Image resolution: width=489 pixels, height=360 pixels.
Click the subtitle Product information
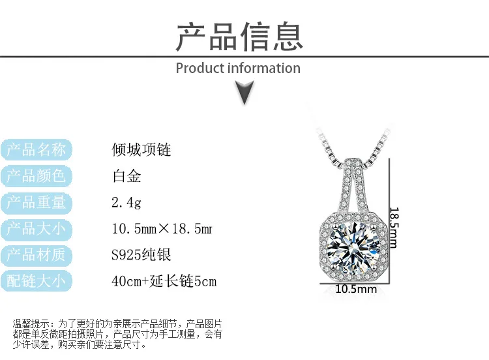coord(238,68)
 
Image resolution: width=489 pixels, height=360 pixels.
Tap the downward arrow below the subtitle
coord(244,93)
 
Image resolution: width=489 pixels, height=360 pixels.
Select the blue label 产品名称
coord(36,150)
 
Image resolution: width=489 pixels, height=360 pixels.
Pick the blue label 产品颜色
coord(36,176)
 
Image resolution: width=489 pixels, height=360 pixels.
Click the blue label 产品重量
coord(36,202)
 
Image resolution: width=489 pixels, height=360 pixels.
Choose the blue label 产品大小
coord(36,229)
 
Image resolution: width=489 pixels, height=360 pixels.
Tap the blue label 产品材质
coord(36,255)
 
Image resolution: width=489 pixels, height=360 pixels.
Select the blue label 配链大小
coord(36,281)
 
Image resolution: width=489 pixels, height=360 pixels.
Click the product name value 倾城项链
coord(141,150)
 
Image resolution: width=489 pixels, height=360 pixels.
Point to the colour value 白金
coord(126,176)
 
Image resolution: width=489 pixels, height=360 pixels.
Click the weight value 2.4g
coord(126,203)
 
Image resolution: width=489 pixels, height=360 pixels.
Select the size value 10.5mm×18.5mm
coord(162,229)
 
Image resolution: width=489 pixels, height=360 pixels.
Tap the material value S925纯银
coord(141,255)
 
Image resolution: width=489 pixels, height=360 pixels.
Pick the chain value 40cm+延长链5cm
coord(164,282)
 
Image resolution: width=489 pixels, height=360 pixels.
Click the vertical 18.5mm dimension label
coord(394,222)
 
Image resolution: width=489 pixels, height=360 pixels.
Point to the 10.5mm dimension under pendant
coord(356,289)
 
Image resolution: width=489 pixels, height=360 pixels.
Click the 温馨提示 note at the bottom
coord(118,334)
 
